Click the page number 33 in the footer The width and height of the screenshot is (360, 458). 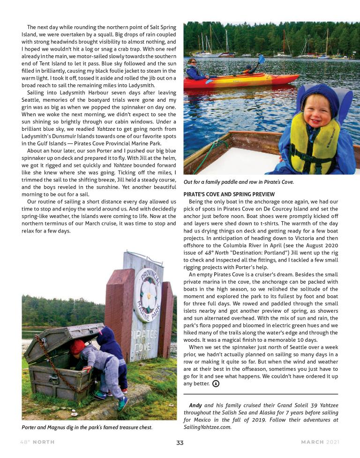pyautogui.click(x=180, y=442)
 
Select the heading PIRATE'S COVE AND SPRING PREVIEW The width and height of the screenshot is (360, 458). pyautogui.click(x=229, y=194)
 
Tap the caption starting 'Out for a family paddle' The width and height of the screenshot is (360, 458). pyautogui.click(x=239, y=182)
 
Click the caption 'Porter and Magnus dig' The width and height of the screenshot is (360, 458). pyautogui.click(x=87, y=427)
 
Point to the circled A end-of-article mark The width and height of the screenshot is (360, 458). pyautogui.click(x=216, y=383)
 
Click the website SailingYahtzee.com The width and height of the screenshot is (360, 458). pyautogui.click(x=207, y=427)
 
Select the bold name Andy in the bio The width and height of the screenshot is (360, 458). pyautogui.click(x=195, y=405)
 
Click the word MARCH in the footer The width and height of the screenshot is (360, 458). pyautogui.click(x=312, y=442)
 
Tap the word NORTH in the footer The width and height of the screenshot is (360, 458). pyautogui.click(x=46, y=442)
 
